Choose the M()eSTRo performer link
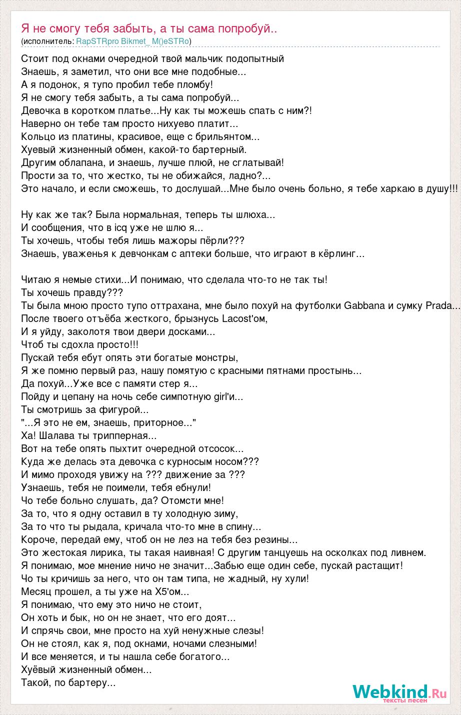171,41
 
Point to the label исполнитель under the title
47,41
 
